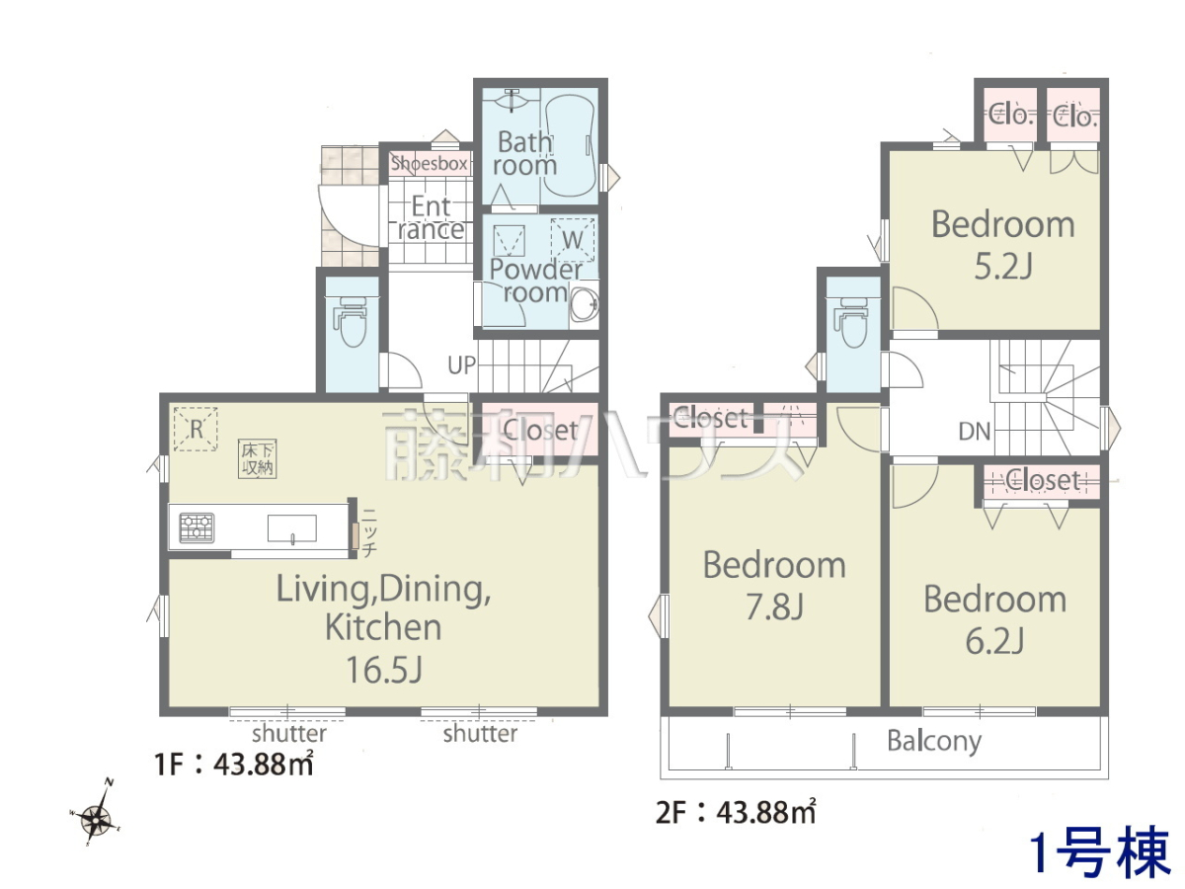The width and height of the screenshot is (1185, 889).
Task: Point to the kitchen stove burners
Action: click(197, 527)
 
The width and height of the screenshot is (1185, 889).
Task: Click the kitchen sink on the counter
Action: click(292, 527)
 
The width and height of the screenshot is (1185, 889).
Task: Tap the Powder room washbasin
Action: click(585, 305)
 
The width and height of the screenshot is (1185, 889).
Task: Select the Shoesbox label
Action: click(429, 163)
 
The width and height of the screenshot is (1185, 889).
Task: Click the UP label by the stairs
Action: click(461, 365)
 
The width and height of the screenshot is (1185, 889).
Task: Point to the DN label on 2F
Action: click(975, 432)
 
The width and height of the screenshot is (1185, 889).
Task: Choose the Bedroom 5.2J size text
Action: click(1003, 267)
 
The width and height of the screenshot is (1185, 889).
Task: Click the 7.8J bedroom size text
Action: click(775, 606)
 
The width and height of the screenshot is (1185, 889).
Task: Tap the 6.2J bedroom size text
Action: click(994, 641)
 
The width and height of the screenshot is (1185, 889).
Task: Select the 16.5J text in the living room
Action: click(384, 670)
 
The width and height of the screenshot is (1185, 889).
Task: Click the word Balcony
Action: click(934, 742)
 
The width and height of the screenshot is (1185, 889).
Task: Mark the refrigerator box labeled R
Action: click(196, 429)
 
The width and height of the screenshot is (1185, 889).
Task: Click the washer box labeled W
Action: click(572, 240)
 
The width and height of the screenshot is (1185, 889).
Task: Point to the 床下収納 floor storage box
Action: click(258, 458)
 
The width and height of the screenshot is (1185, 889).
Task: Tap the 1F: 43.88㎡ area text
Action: click(234, 765)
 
